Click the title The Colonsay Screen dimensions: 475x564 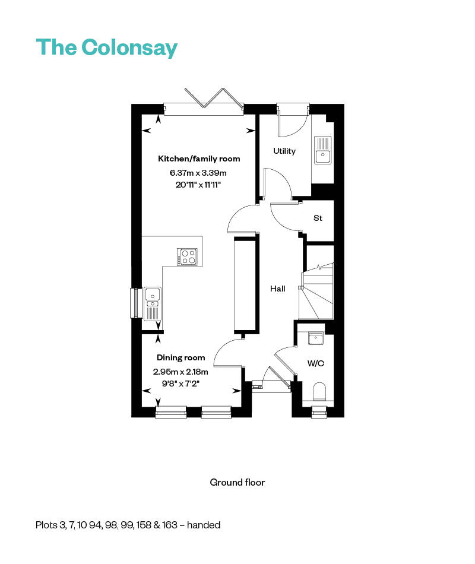pyautogui.click(x=107, y=47)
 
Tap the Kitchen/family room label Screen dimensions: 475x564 pyautogui.click(x=199, y=159)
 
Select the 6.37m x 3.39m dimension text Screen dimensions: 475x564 pyautogui.click(x=198, y=173)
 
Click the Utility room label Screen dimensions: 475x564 pyautogui.click(x=284, y=151)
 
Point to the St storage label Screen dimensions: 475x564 pyautogui.click(x=318, y=218)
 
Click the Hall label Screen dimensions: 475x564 pyautogui.click(x=277, y=289)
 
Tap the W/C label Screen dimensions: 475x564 pyautogui.click(x=315, y=363)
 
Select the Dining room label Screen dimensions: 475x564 pyautogui.click(x=180, y=357)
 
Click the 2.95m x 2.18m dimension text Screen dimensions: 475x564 pyautogui.click(x=180, y=372)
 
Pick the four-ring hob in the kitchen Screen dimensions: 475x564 pyautogui.click(x=188, y=256)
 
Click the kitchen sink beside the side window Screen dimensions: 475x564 pyautogui.click(x=153, y=303)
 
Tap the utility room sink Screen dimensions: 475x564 pyautogui.click(x=323, y=150)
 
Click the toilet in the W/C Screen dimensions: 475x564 pyautogui.click(x=319, y=392)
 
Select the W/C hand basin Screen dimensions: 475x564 pyautogui.click(x=314, y=338)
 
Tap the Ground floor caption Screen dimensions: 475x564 pyautogui.click(x=237, y=482)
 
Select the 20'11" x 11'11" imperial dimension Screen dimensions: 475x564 pyautogui.click(x=198, y=185)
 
